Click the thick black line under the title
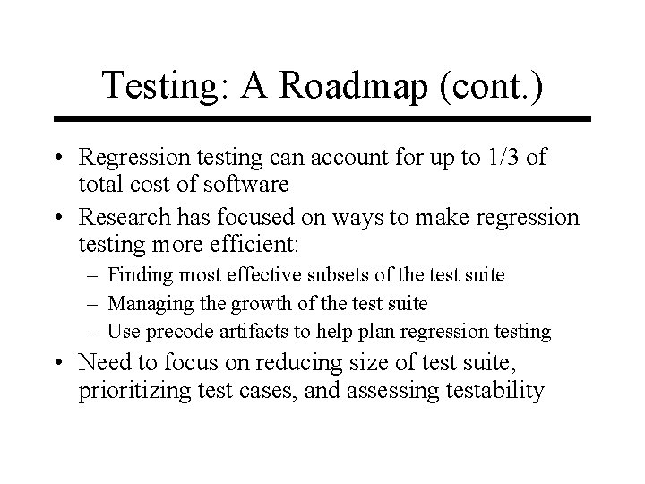[322, 118]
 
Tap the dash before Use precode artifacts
[96, 332]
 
